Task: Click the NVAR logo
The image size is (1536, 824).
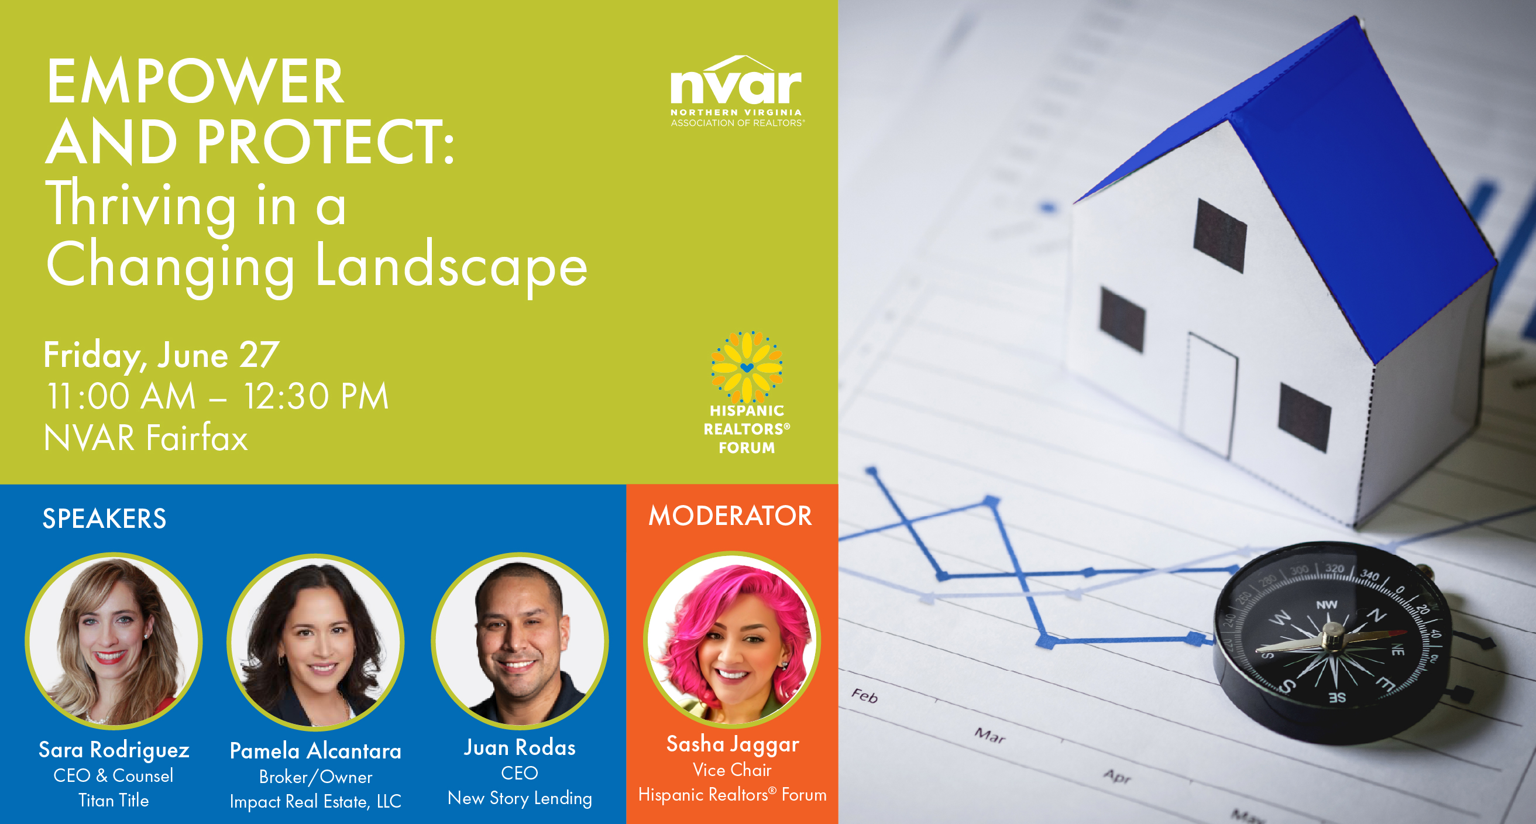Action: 737,91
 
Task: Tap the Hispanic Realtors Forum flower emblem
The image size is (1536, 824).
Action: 747,367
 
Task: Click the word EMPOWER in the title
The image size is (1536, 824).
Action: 195,82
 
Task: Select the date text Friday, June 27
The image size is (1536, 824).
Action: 161,355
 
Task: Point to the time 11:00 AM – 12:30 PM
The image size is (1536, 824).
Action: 218,397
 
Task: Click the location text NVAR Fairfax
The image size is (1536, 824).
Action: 146,438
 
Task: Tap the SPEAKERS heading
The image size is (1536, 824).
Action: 104,518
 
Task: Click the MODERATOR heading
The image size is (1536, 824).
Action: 730,516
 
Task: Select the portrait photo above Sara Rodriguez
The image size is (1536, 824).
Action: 114,641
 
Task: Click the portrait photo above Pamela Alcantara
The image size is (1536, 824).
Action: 315,642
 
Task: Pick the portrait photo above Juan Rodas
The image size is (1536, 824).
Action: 520,641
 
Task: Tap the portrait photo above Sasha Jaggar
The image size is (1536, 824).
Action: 732,640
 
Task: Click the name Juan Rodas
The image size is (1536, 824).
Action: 520,747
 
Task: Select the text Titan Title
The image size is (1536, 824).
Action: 114,800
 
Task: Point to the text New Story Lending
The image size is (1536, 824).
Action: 520,798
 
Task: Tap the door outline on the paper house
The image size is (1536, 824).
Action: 1211,393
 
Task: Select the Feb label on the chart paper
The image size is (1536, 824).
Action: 865,696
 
